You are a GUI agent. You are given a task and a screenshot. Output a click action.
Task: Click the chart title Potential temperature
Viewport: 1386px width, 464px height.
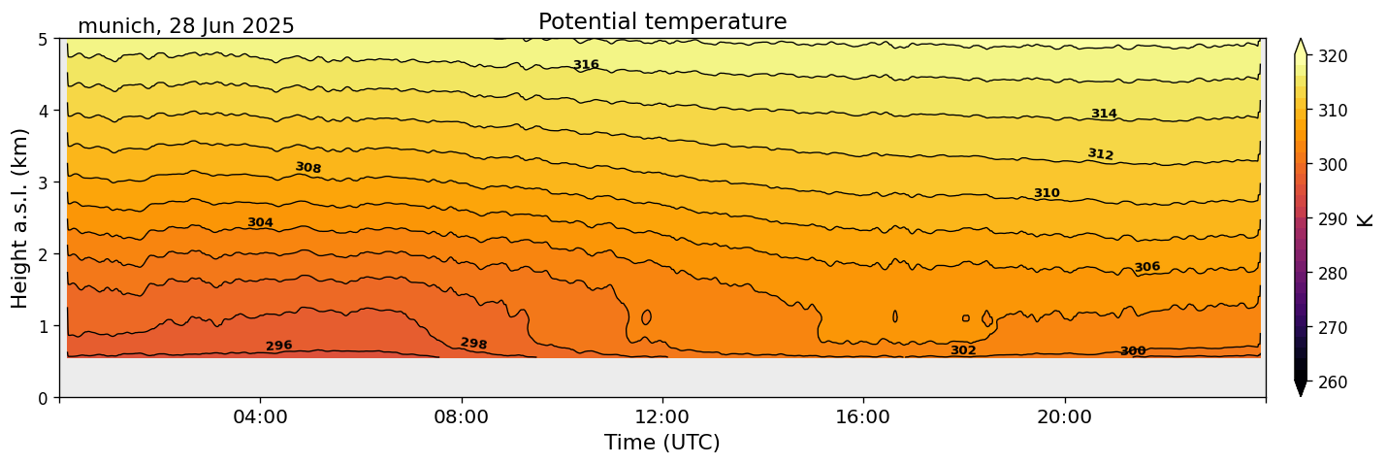click(x=662, y=22)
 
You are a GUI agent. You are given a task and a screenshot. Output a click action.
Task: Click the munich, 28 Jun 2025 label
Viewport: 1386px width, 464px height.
click(x=186, y=27)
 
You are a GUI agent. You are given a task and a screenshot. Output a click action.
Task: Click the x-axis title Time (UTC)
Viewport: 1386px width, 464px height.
click(x=662, y=444)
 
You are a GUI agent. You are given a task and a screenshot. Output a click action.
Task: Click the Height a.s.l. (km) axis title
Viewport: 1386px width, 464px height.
click(x=21, y=217)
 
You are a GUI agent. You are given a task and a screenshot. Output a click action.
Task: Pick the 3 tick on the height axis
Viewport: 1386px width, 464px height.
click(x=45, y=182)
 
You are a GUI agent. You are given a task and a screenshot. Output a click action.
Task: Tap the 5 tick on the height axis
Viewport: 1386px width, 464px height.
click(x=45, y=40)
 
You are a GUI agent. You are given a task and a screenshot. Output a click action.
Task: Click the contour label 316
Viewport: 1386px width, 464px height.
click(x=586, y=65)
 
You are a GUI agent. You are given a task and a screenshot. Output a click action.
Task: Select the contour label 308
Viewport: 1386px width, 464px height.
click(x=308, y=168)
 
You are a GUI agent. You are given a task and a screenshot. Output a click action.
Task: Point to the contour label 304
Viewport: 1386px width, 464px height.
click(x=260, y=222)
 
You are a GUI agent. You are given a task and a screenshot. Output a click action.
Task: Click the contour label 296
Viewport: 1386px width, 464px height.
click(x=279, y=347)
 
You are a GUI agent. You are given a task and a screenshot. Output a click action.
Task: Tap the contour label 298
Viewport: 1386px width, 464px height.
click(x=474, y=344)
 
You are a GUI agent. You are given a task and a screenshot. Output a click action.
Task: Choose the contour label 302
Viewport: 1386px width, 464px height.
click(x=963, y=350)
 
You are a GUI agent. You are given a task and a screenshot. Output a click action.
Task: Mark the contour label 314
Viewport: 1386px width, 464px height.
click(x=1104, y=114)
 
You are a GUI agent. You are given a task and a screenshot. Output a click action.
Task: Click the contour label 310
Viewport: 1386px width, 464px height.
click(x=1047, y=193)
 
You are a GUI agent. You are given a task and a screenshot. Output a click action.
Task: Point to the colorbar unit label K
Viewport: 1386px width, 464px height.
click(x=1367, y=219)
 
